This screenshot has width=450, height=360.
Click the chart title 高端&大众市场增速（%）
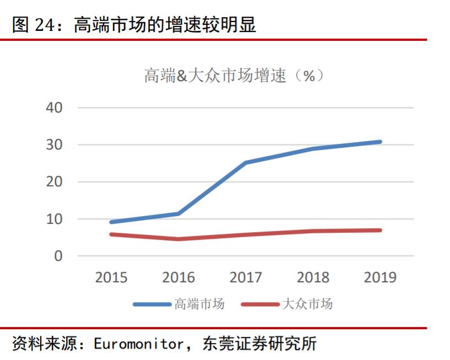[x=234, y=76]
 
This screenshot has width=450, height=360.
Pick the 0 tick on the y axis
[x=58, y=256]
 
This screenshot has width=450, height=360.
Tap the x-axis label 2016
[x=178, y=277]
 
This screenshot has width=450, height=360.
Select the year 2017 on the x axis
[x=246, y=277]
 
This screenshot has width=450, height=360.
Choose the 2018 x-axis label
[x=313, y=277]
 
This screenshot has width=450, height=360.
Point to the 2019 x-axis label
[x=380, y=277]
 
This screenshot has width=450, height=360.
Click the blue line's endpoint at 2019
[x=379, y=142]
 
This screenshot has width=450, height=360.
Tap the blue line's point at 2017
[x=246, y=163]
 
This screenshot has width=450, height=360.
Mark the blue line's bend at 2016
[x=178, y=213]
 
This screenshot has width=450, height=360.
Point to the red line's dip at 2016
[x=178, y=239]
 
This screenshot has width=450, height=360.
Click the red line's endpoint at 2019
[x=379, y=230]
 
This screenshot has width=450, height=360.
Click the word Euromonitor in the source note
[x=138, y=345]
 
